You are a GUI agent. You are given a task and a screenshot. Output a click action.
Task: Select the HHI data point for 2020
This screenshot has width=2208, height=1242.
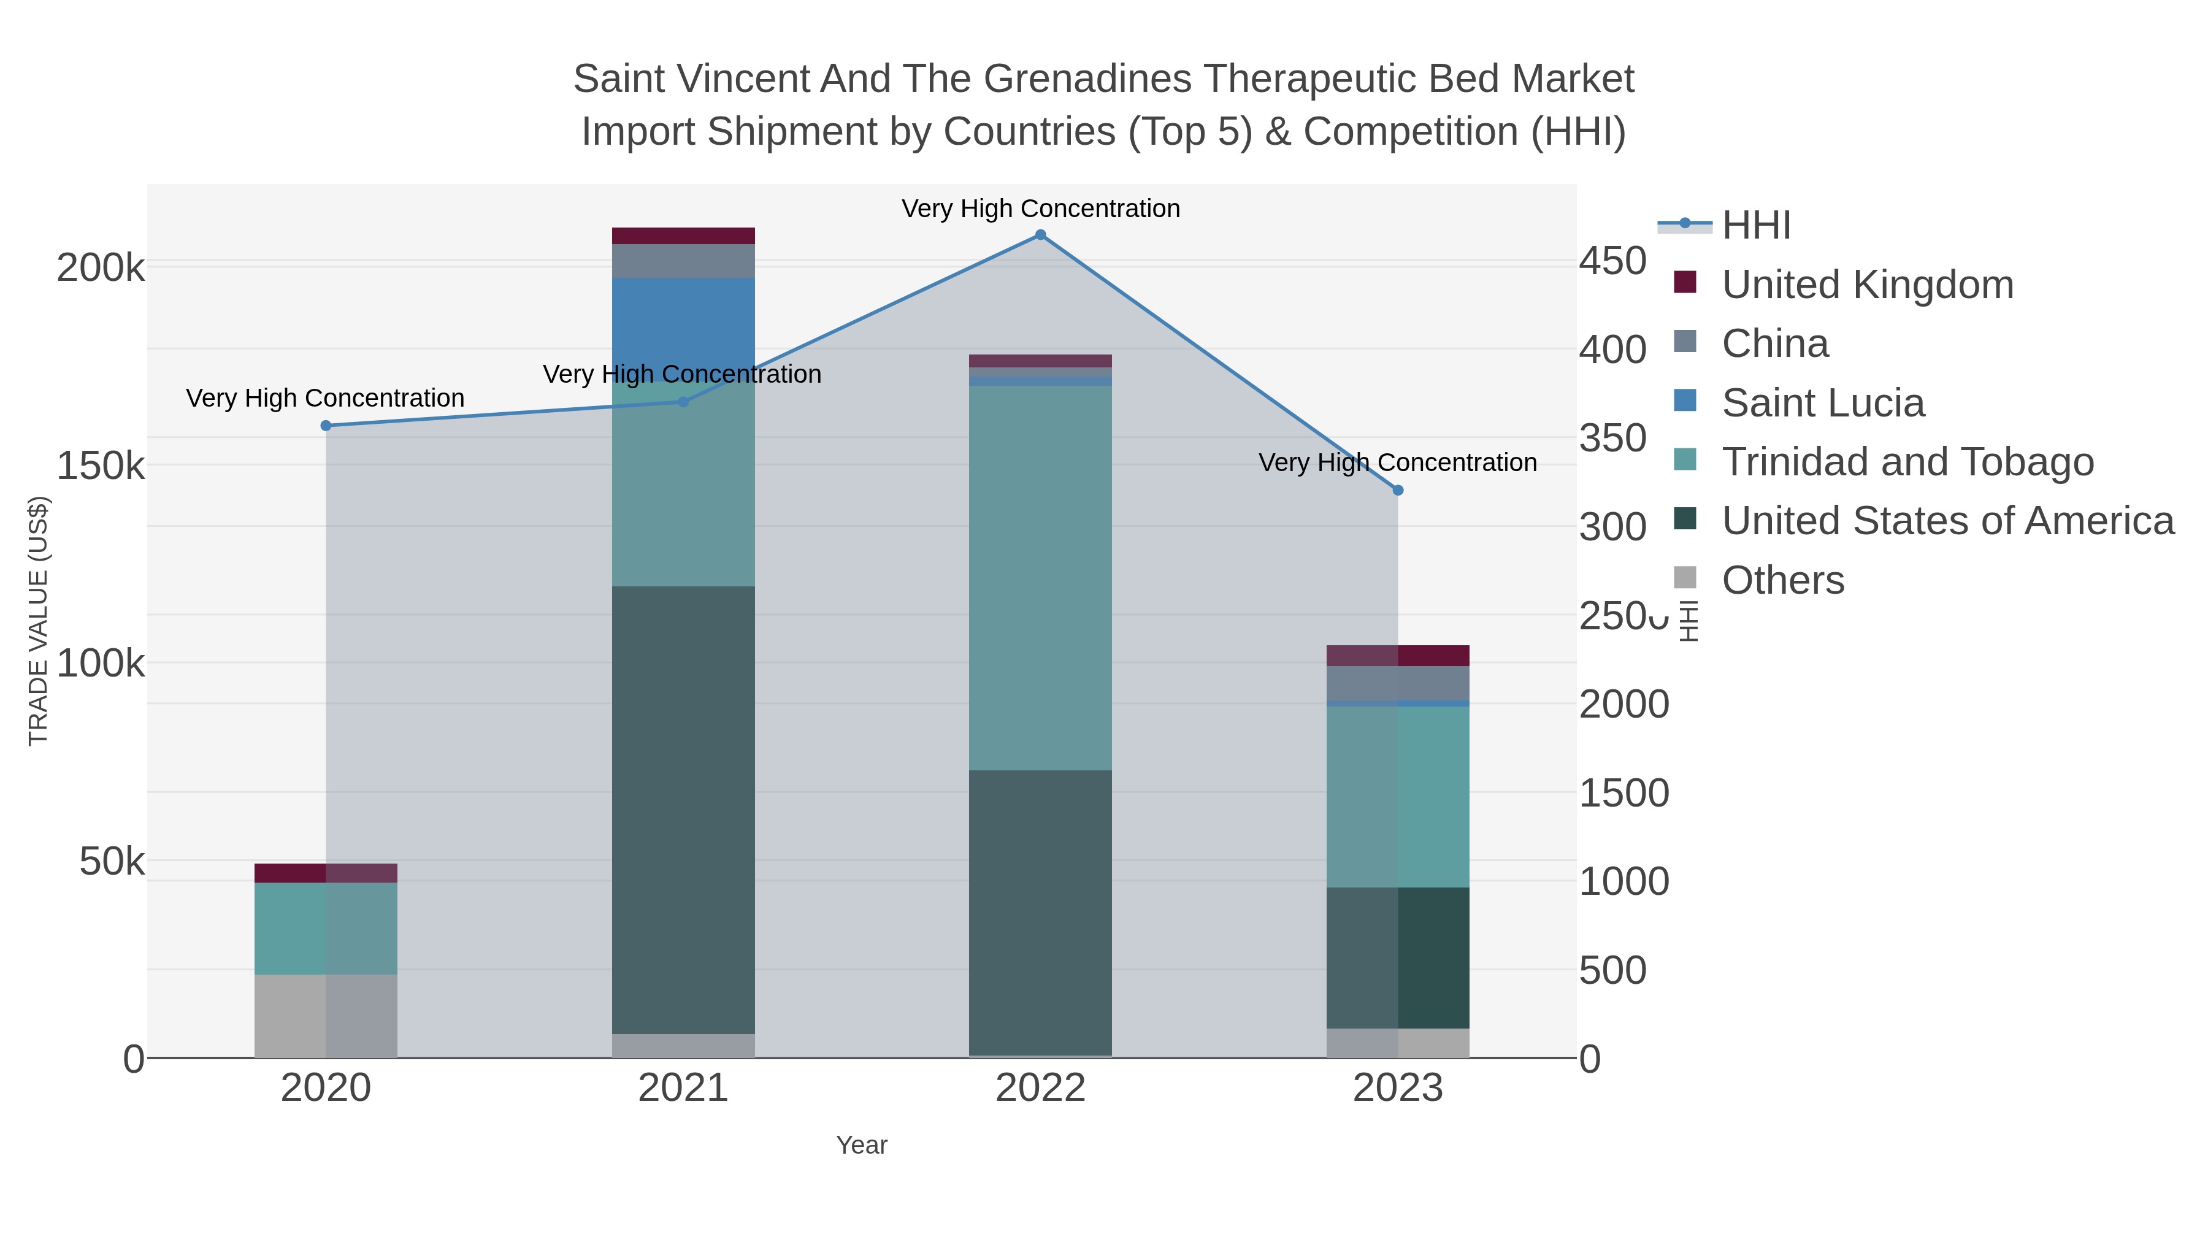click(326, 426)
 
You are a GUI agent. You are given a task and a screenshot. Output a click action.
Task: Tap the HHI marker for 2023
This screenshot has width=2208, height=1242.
click(1397, 490)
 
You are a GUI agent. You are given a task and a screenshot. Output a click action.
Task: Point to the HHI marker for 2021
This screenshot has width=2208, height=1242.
click(683, 402)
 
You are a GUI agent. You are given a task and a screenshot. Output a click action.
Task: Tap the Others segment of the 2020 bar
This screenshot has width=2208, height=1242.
click(326, 1016)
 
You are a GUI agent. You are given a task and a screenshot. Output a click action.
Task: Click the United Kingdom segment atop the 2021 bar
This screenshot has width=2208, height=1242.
click(683, 236)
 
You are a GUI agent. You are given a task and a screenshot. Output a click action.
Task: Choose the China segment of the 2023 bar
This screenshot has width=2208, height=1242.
click(1397, 683)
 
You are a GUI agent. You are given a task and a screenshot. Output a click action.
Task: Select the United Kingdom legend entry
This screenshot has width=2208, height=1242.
click(1867, 285)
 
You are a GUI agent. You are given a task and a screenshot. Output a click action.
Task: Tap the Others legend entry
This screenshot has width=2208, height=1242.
click(1783, 580)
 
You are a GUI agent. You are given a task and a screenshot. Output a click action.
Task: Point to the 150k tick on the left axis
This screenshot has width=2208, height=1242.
click(101, 466)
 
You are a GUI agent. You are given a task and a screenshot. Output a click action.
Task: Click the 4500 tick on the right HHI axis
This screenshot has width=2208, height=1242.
click(1613, 261)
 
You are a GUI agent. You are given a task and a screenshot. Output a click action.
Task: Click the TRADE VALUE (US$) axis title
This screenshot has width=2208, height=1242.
click(39, 621)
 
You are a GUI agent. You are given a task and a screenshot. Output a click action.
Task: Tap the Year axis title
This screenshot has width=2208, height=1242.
click(862, 1145)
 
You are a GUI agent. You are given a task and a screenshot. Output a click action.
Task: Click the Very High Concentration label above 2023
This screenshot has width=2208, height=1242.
click(1397, 463)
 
